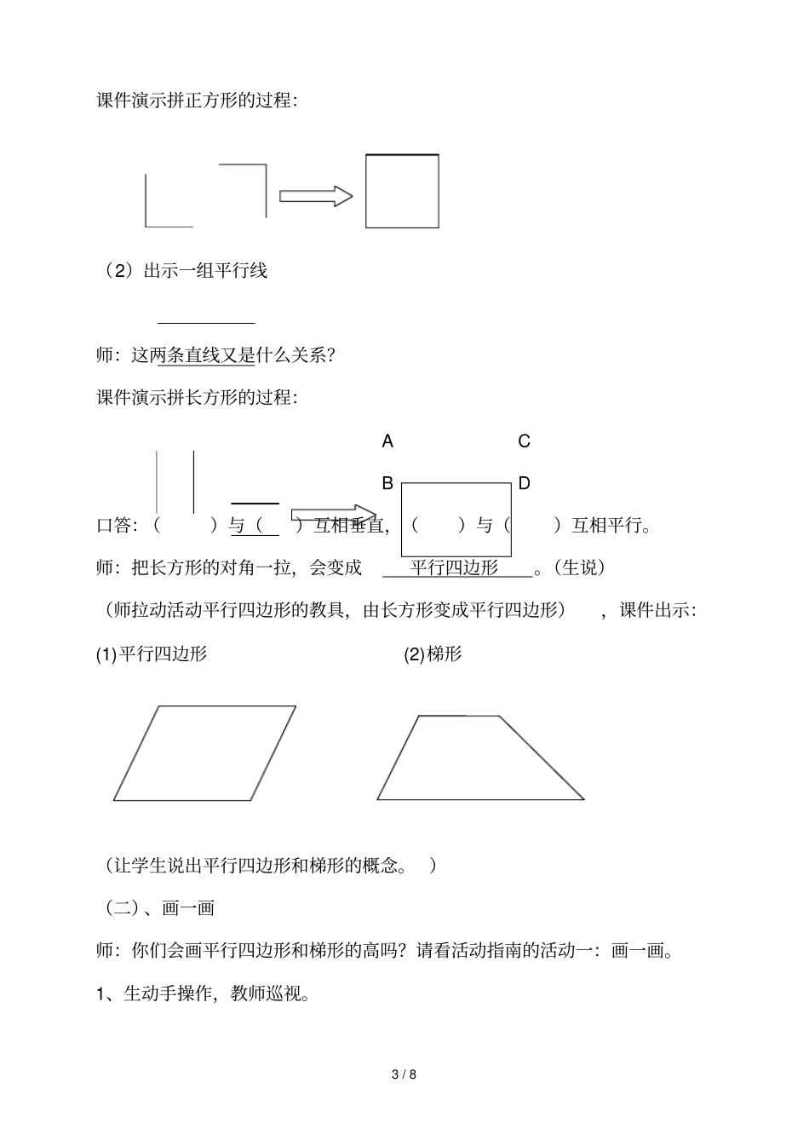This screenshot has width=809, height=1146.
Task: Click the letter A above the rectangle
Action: pyautogui.click(x=387, y=441)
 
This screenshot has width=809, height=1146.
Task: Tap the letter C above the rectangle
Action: pyautogui.click(x=524, y=441)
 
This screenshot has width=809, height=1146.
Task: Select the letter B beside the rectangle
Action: pyautogui.click(x=387, y=484)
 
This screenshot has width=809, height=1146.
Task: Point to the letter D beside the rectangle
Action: pyautogui.click(x=524, y=484)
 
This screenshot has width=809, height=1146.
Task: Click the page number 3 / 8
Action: pyautogui.click(x=404, y=1074)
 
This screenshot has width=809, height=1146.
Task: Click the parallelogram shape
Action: pyautogui.click(x=204, y=753)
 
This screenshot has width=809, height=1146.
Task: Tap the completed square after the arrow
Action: pyautogui.click(x=402, y=192)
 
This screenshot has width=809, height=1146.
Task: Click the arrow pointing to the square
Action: pyautogui.click(x=316, y=196)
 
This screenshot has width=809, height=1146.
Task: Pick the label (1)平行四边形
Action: pyautogui.click(x=152, y=654)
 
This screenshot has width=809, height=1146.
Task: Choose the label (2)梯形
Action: pyautogui.click(x=433, y=654)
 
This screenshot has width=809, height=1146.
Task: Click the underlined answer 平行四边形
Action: pyautogui.click(x=455, y=567)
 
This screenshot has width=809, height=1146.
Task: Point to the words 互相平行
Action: pyautogui.click(x=610, y=526)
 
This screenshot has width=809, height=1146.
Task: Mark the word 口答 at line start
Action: pyautogui.click(x=115, y=526)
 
